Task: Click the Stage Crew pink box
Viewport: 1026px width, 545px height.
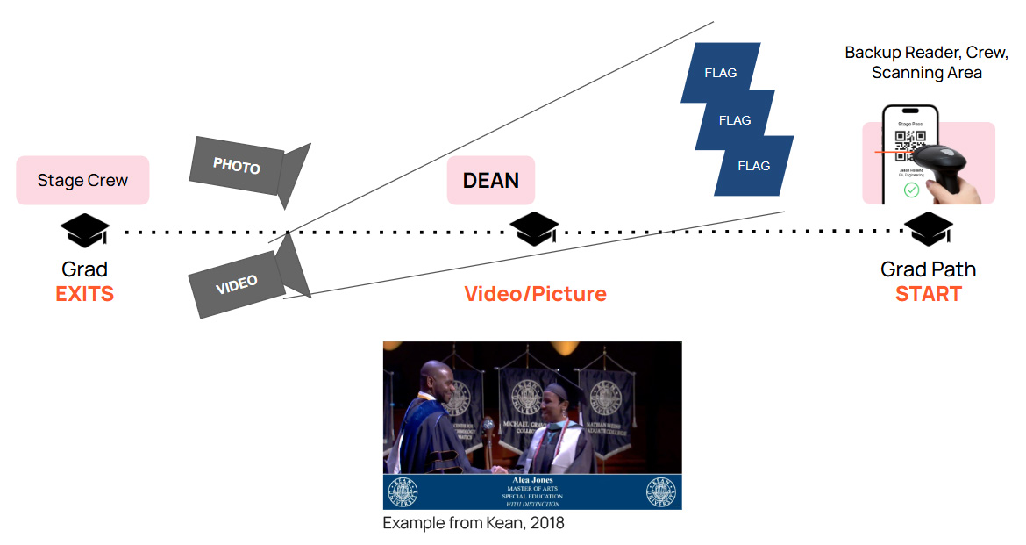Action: pos(82,181)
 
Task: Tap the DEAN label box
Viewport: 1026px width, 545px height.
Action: pos(490,181)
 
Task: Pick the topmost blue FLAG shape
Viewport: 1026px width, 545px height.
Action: pos(720,74)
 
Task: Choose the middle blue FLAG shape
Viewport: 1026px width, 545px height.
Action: pos(735,120)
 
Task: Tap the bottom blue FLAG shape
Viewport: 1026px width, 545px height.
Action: pos(753,166)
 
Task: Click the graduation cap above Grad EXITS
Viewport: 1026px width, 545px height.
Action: pos(84,231)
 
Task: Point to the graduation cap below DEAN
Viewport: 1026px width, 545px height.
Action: pos(534,229)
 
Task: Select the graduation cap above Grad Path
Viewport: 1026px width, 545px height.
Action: pos(928,230)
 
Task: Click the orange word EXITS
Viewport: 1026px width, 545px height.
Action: pos(84,294)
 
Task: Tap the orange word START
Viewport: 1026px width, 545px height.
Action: pos(928,294)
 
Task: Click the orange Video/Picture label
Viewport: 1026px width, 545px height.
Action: pos(535,294)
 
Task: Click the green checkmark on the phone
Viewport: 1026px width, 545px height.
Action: pos(911,190)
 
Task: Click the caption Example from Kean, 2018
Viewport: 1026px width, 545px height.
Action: pos(474,523)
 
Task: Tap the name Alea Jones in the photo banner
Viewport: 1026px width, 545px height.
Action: pos(532,480)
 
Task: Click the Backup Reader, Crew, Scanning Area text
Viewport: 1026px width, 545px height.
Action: pos(926,62)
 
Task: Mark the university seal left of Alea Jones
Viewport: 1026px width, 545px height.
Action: pos(403,491)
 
